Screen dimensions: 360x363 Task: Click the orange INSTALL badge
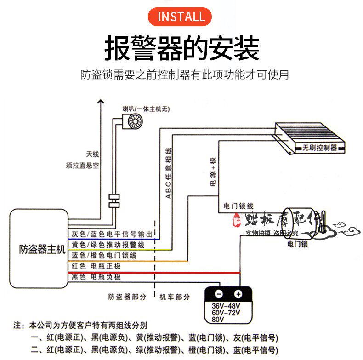point(181,17)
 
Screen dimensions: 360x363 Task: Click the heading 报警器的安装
point(181,48)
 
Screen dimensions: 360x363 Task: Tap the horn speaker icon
point(135,121)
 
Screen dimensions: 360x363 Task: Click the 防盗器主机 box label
point(39,250)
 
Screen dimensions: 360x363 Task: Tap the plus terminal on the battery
point(238,294)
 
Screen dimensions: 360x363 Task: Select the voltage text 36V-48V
point(226,306)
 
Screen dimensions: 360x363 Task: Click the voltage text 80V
point(218,319)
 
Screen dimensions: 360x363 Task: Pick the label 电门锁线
point(238,206)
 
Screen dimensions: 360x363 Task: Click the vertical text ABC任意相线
point(168,173)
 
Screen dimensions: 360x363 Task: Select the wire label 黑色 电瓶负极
point(96,277)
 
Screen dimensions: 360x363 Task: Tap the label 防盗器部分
point(127,297)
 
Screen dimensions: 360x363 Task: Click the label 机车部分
point(175,297)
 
